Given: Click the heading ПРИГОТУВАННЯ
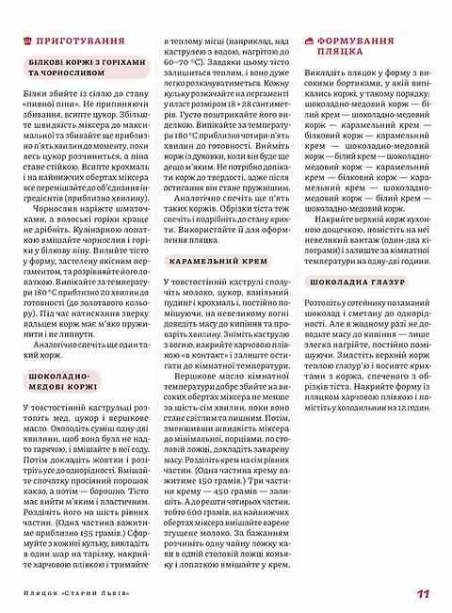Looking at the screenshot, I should click(80, 42).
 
